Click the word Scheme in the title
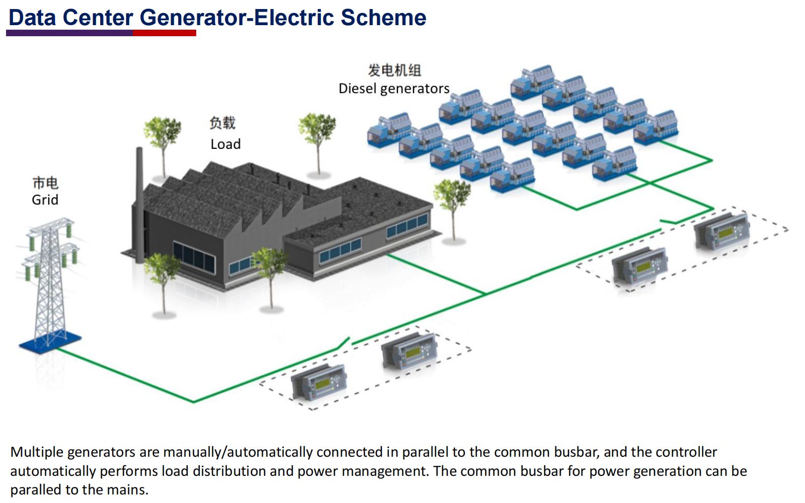[x=383, y=18]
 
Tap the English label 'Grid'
[x=45, y=200]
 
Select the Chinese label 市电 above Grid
[x=45, y=183]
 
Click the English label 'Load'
[x=225, y=144]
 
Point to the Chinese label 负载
[x=222, y=123]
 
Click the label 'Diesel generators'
[x=393, y=89]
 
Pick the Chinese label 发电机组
[x=394, y=70]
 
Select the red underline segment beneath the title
[x=165, y=33]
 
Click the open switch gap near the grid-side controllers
[x=344, y=344]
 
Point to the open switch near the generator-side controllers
[x=668, y=222]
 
